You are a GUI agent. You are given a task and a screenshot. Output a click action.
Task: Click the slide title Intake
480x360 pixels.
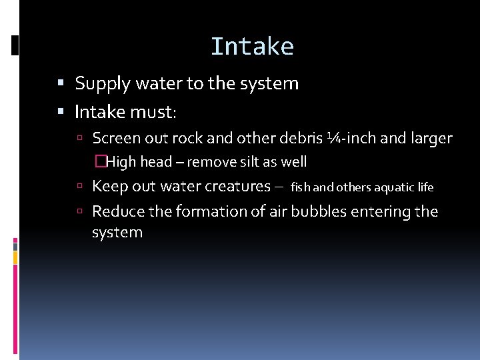(252, 47)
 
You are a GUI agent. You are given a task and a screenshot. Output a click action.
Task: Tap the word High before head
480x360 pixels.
(121, 162)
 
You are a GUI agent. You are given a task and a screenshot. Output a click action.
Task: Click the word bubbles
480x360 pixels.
(323, 211)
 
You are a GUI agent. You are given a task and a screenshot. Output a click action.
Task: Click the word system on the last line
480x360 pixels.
(117, 233)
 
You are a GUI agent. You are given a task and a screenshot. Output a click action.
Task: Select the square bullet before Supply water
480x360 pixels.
(61, 84)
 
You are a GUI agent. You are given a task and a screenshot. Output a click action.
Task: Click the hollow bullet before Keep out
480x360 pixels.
(79, 187)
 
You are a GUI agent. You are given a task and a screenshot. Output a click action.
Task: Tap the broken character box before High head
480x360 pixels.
(101, 162)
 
